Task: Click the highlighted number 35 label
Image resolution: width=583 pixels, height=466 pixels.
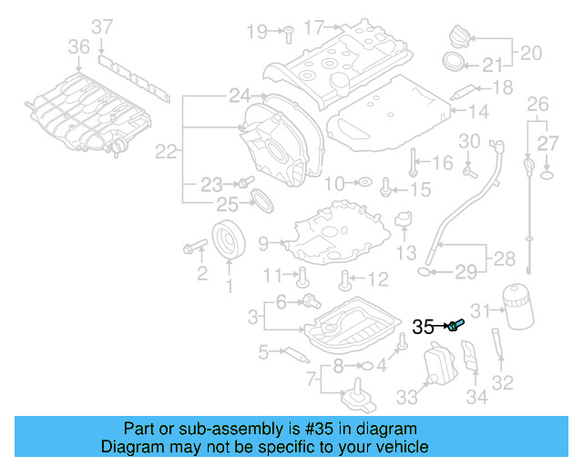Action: point(424,326)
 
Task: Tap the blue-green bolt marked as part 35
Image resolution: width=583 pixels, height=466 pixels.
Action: point(456,325)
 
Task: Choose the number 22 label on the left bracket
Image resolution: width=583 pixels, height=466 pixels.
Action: point(165,152)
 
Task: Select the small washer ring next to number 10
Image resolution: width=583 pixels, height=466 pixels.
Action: point(363,183)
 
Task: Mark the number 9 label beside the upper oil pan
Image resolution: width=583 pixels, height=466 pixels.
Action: point(263,244)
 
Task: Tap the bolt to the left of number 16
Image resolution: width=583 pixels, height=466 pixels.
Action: point(413,162)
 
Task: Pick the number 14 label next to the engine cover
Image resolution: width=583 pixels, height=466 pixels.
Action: point(479,112)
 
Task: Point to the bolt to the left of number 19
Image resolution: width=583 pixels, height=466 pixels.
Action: point(285,32)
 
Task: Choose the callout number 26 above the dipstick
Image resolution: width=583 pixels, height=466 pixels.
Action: point(537,104)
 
